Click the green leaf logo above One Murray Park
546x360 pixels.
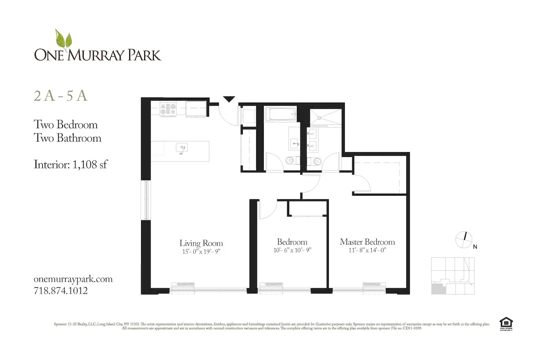click(x=63, y=40)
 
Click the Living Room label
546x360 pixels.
click(x=201, y=243)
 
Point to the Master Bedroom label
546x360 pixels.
click(x=367, y=242)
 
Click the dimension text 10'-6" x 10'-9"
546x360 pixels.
click(x=292, y=250)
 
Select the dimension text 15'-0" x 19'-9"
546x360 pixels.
click(x=201, y=251)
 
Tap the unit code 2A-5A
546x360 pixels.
click(x=61, y=96)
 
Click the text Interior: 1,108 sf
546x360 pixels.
click(x=71, y=164)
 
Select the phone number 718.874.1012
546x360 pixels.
click(x=61, y=290)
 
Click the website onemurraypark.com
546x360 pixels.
click(x=73, y=279)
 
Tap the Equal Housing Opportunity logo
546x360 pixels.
click(x=504, y=322)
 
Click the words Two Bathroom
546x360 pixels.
click(x=67, y=138)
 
